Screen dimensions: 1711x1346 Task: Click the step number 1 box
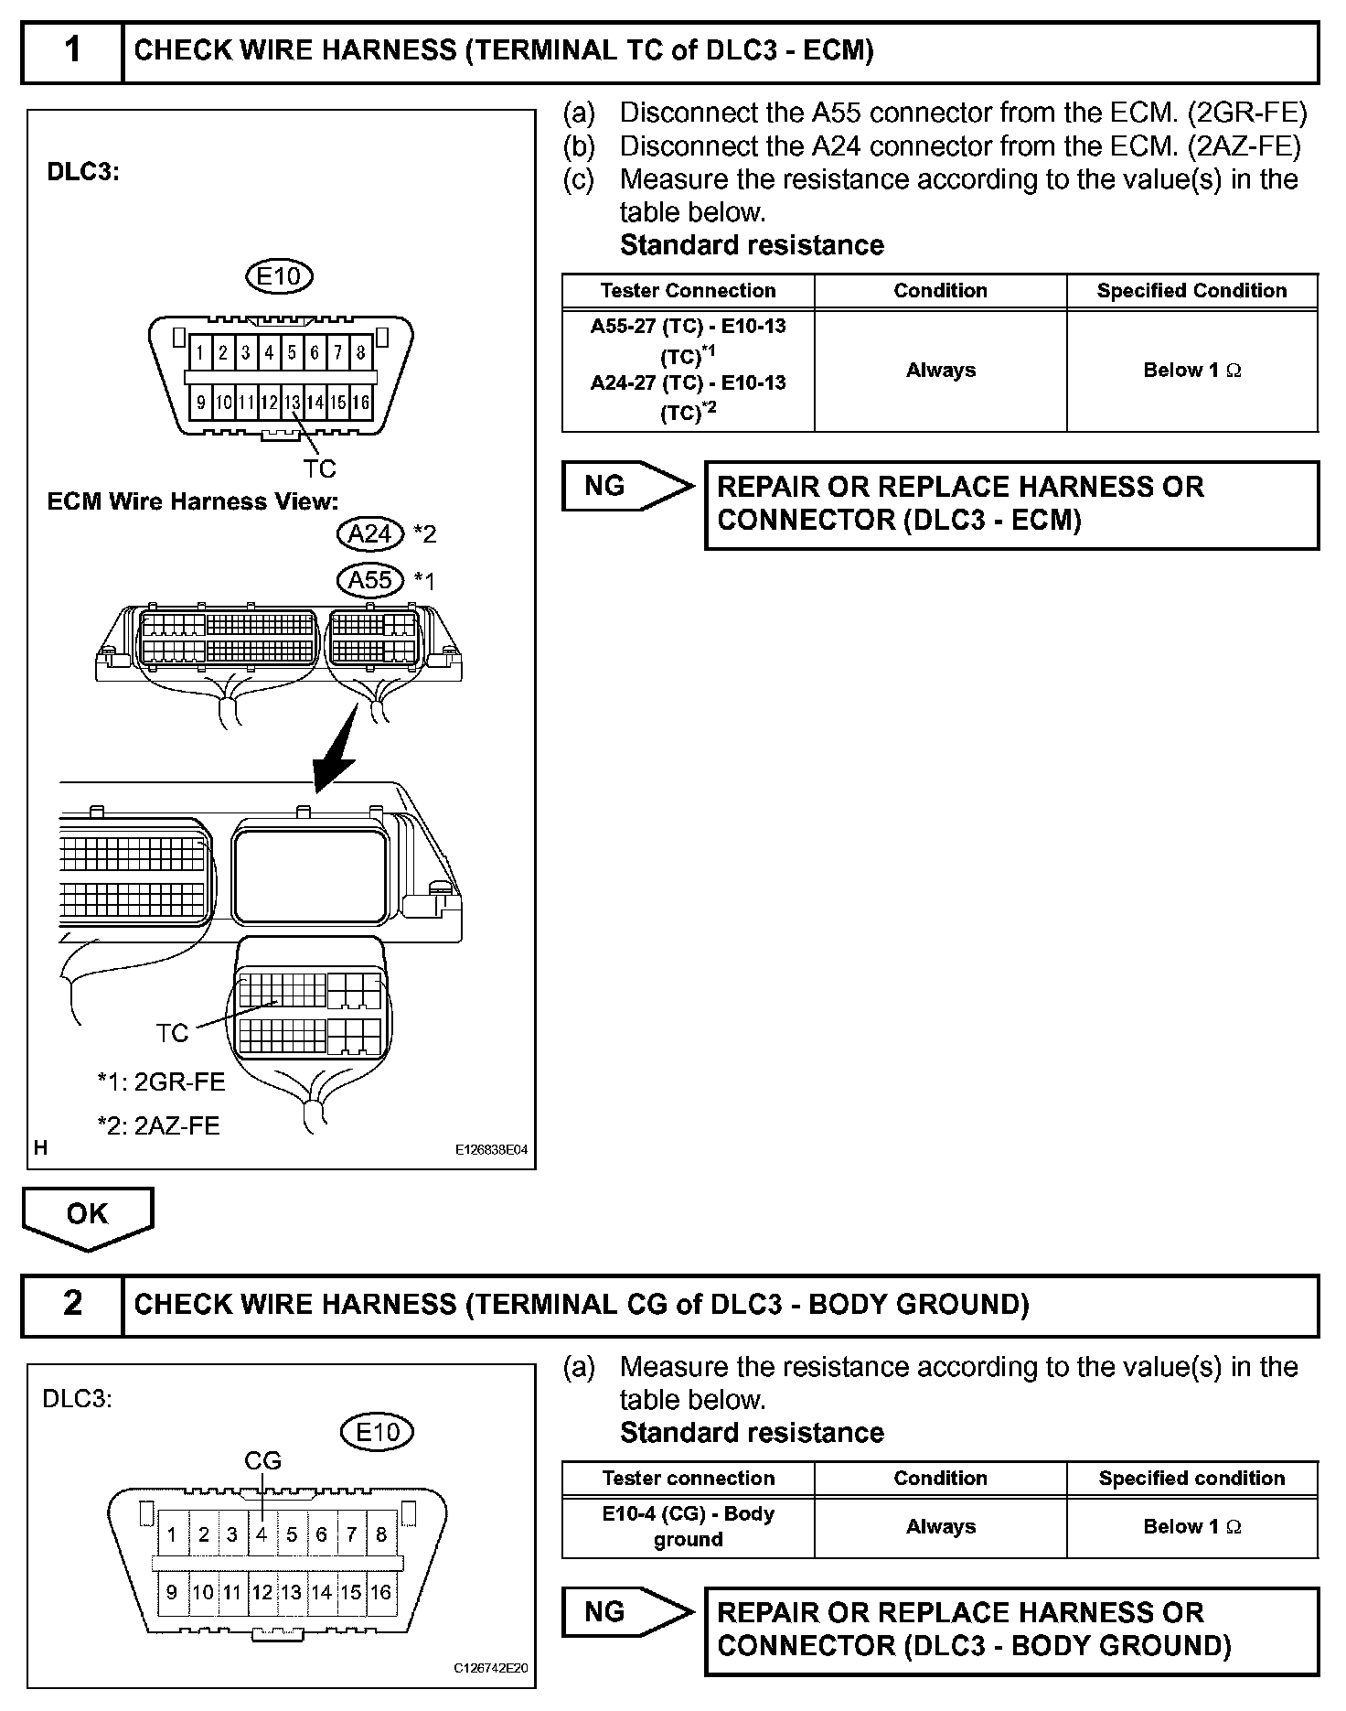tap(72, 50)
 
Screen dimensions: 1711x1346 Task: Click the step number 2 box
tap(72, 1303)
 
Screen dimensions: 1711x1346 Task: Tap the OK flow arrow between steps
tap(88, 1217)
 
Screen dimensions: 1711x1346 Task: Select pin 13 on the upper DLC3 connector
tap(292, 402)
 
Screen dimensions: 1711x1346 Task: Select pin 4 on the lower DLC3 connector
tap(262, 1534)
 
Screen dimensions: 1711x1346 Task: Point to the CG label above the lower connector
tap(262, 1461)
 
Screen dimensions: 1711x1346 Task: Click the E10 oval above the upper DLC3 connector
tap(280, 275)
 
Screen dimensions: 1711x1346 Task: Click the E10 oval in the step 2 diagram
tap(377, 1432)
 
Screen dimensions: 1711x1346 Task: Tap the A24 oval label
tap(370, 534)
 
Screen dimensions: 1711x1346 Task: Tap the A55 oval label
tap(370, 580)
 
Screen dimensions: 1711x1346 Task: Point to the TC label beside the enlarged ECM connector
tap(172, 1033)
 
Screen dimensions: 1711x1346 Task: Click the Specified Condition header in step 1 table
tap(1191, 291)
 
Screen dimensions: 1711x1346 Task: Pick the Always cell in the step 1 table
tap(940, 371)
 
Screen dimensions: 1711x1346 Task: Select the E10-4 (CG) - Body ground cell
tap(688, 1526)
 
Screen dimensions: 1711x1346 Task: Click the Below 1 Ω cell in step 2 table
tap(1191, 1526)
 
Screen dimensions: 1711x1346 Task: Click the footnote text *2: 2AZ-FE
tap(159, 1125)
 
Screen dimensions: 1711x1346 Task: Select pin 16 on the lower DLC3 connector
tap(380, 1592)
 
